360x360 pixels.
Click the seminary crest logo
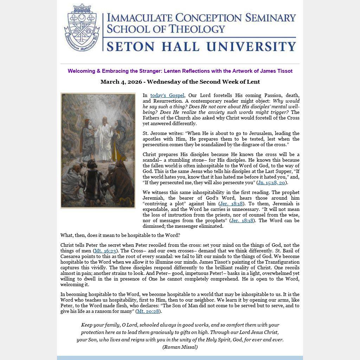pos(82,28)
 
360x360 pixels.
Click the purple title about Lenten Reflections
pos(180,71)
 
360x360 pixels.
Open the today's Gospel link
pos(167,96)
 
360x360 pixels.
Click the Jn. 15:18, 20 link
pos(271,183)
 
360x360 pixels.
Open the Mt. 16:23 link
pos(105,251)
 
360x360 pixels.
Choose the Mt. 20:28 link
pos(148,311)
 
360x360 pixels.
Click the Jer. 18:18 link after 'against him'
pos(231,204)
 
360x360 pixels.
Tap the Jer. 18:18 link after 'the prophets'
pos(242,221)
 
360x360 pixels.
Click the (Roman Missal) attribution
pos(180,347)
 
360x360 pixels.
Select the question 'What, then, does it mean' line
pos(120,236)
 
